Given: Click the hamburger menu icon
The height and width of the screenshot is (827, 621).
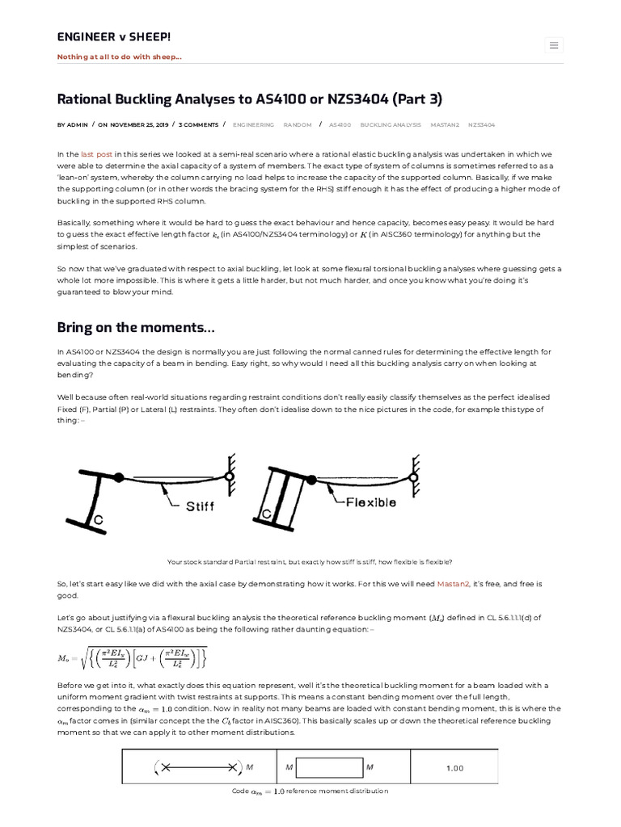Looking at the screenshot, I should click(554, 45).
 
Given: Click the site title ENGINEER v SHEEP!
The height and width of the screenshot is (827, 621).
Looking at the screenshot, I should click(113, 37).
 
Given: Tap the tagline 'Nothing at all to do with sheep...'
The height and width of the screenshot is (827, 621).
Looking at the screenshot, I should click(119, 57).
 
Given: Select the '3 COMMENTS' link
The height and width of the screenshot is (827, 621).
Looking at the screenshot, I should click(198, 125).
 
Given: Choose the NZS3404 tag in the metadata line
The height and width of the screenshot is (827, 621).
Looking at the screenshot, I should click(481, 125).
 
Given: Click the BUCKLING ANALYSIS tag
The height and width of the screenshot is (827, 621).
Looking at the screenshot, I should click(391, 125).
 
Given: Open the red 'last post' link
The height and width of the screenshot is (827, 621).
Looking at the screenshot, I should click(97, 153).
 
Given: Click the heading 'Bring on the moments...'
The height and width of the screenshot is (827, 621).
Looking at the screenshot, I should click(136, 327).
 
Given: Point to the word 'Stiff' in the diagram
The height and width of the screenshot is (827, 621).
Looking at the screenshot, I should click(200, 507).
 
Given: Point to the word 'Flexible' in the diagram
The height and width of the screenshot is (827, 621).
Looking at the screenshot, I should click(371, 502).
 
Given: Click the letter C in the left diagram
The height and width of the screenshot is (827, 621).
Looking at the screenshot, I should click(97, 520).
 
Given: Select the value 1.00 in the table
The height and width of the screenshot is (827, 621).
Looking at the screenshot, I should click(455, 768).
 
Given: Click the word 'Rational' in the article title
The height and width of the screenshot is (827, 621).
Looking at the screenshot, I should click(85, 99).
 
